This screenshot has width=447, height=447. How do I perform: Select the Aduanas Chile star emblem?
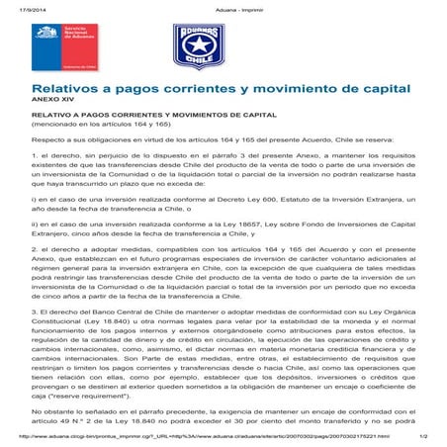pyautogui.click(x=191, y=47)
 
